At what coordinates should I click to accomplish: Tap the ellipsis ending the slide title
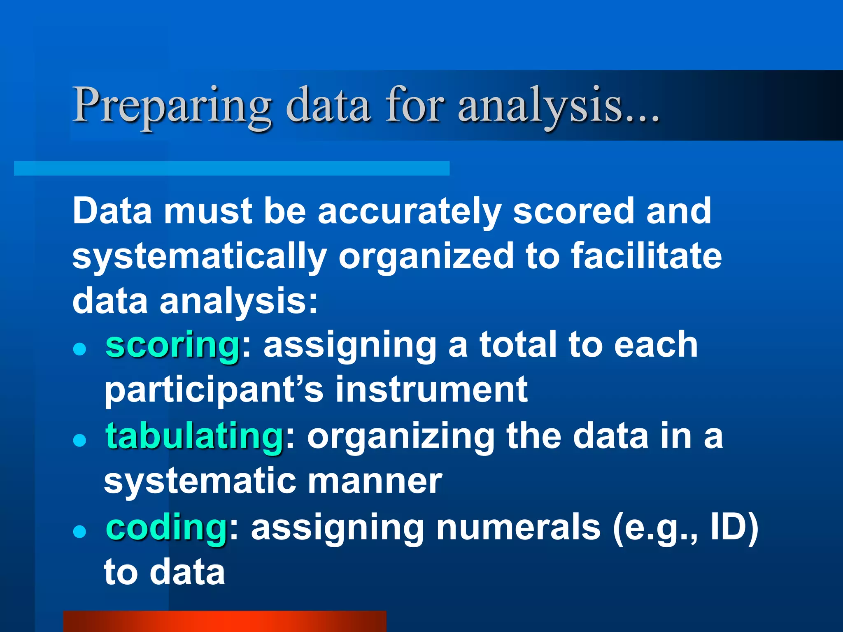pyautogui.click(x=642, y=117)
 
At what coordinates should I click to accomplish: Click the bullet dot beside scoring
pyautogui.click(x=79, y=349)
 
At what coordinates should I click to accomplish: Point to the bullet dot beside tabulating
pyautogui.click(x=79, y=441)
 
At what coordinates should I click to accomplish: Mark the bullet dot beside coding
pyautogui.click(x=79, y=532)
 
